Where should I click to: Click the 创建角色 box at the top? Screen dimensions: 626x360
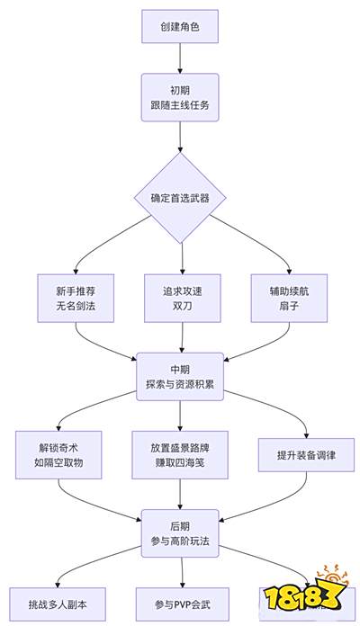[181, 27]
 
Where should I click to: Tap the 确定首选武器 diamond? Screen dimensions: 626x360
[181, 198]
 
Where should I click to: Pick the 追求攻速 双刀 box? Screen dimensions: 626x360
[181, 298]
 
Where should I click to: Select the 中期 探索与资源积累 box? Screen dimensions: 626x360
[181, 377]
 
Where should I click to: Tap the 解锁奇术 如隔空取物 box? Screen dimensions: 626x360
[58, 455]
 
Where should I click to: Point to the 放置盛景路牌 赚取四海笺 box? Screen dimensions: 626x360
[181, 455]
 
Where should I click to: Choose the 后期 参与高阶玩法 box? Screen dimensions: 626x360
[181, 533]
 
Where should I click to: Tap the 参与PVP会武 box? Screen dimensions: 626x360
[181, 601]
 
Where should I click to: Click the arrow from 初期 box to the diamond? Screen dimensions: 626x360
[181, 137]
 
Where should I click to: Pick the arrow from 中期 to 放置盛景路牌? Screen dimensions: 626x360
[181, 416]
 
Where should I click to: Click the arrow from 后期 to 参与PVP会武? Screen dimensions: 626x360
[181, 572]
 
